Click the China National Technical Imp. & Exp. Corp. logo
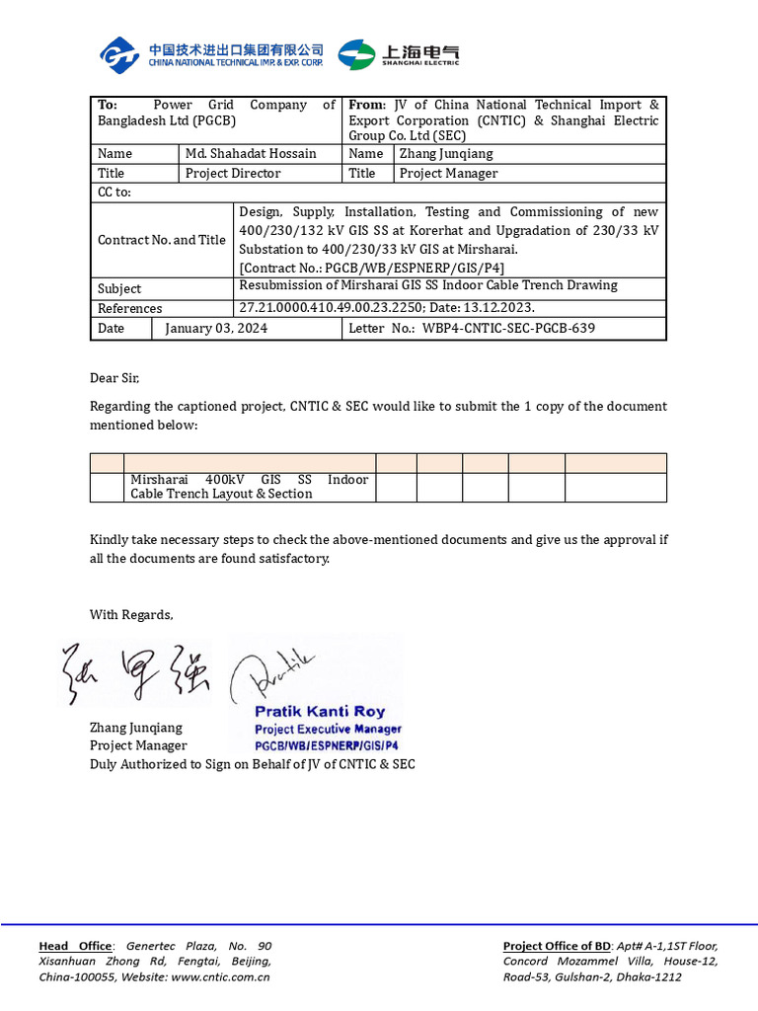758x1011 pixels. click(x=211, y=54)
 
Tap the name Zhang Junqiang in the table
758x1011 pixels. click(x=446, y=154)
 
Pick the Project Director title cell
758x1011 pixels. click(x=233, y=174)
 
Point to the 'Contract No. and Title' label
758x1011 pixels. click(x=162, y=240)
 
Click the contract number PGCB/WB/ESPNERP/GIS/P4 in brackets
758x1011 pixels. click(x=372, y=268)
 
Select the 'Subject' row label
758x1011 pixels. click(x=119, y=289)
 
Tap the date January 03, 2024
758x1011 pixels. click(x=216, y=328)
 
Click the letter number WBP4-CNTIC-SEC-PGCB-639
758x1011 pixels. click(x=508, y=328)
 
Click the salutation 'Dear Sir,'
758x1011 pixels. click(x=115, y=378)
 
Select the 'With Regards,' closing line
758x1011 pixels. click(x=131, y=615)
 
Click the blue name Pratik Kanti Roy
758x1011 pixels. click(x=320, y=711)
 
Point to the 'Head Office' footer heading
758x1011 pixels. click(x=75, y=946)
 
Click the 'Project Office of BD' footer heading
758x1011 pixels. click(x=557, y=946)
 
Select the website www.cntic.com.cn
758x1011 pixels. click(x=220, y=977)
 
